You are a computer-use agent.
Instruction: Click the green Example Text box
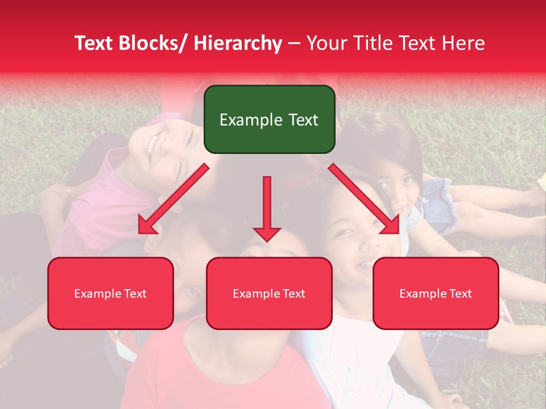(269, 119)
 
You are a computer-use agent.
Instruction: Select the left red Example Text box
(110, 293)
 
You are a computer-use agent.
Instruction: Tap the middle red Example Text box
(269, 293)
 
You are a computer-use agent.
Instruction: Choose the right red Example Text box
(436, 293)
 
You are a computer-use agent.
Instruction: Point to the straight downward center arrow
(267, 204)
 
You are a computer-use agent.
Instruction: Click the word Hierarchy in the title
(237, 43)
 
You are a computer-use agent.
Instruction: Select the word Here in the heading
(463, 43)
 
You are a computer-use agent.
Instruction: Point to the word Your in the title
(328, 43)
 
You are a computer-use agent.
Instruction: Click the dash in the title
(294, 43)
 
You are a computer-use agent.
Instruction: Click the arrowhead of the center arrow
(267, 233)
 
